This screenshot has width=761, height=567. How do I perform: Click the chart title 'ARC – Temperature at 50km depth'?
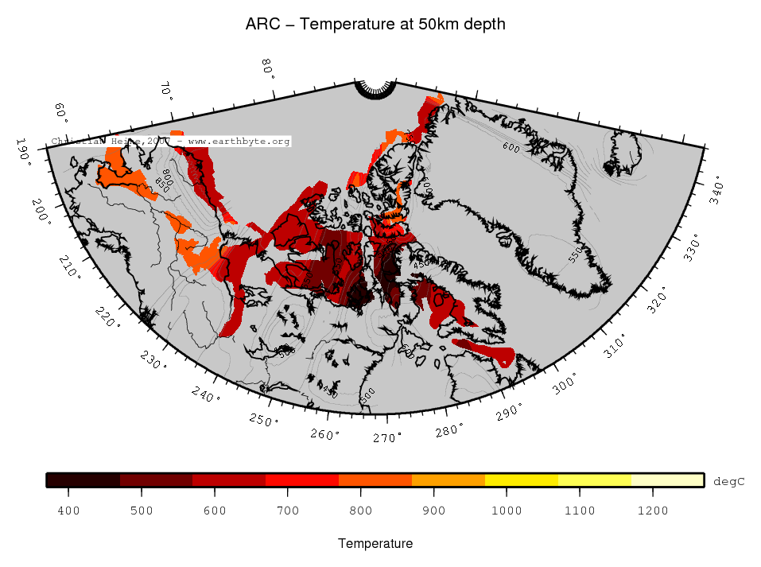[x=376, y=25]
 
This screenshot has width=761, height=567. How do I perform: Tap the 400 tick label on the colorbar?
[x=68, y=511]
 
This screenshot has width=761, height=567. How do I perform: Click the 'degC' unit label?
[x=728, y=482]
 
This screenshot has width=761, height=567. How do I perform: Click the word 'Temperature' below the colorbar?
[x=375, y=544]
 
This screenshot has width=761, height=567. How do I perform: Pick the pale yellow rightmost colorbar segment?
[x=667, y=480]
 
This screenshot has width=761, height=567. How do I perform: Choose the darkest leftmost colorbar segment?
[x=83, y=480]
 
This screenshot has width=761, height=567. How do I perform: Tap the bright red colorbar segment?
[x=301, y=480]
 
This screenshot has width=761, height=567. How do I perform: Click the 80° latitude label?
[x=268, y=69]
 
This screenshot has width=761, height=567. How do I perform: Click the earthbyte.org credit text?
[x=171, y=142]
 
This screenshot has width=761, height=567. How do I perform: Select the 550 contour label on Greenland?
[x=577, y=254]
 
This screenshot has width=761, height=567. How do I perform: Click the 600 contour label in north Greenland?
[x=511, y=147]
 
